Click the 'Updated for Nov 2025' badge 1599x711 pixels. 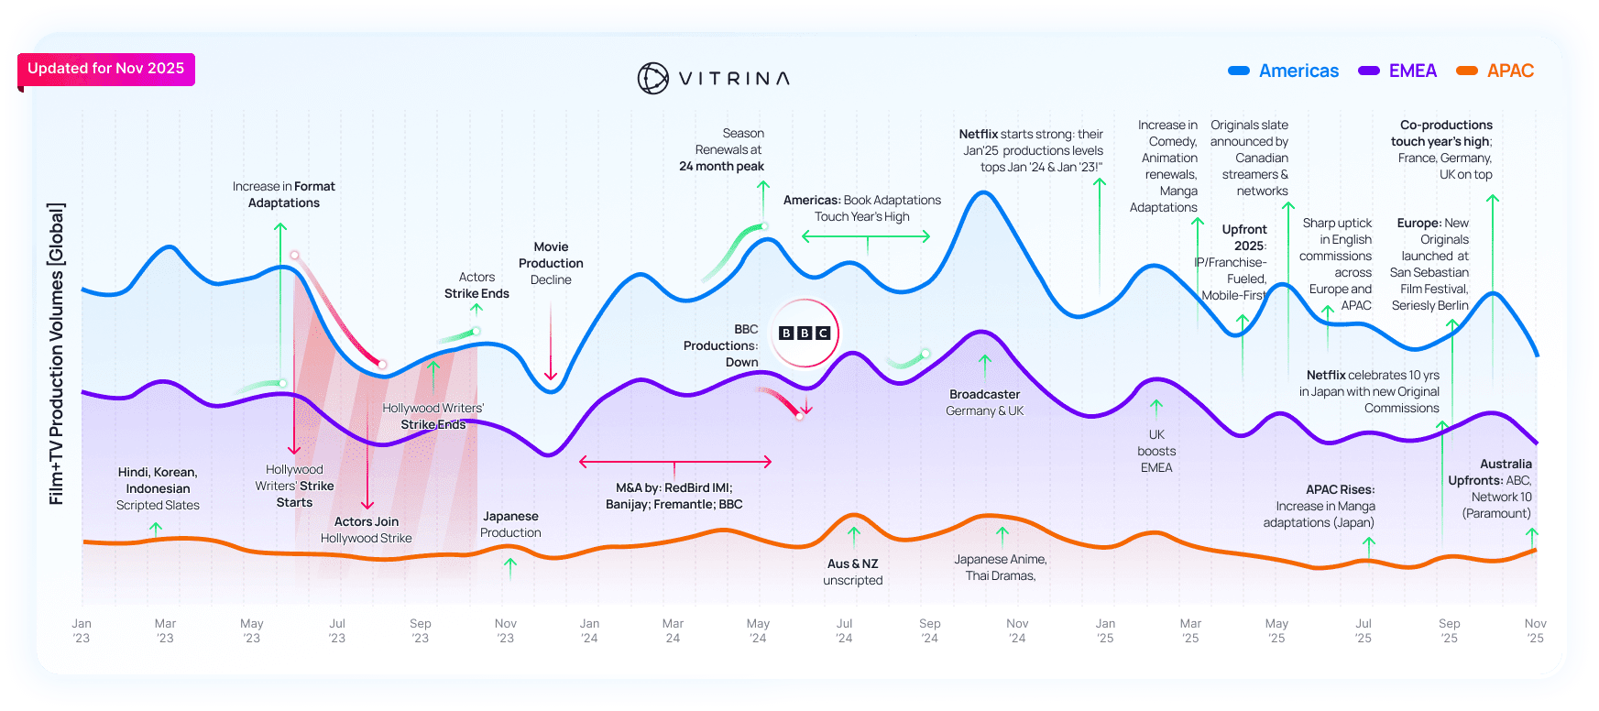106,69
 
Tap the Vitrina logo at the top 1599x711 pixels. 713,79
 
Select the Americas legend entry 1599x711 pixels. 1284,71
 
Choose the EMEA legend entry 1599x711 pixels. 1398,71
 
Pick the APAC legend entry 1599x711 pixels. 1495,71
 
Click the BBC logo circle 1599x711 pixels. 805,334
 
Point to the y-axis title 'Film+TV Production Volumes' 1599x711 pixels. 57,353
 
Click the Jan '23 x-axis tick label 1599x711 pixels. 82,630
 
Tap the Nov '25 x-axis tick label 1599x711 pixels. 1536,630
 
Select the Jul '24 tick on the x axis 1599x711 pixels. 844,630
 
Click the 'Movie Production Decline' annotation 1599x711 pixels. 551,263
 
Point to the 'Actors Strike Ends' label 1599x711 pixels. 476,285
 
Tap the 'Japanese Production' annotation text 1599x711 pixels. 510,524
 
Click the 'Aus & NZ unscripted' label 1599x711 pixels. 853,572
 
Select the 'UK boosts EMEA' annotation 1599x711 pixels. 1156,451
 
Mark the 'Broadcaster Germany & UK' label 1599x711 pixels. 985,402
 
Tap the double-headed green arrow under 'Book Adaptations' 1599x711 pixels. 866,236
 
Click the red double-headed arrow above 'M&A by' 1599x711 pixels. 675,462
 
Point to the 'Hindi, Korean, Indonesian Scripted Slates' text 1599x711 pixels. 158,488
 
